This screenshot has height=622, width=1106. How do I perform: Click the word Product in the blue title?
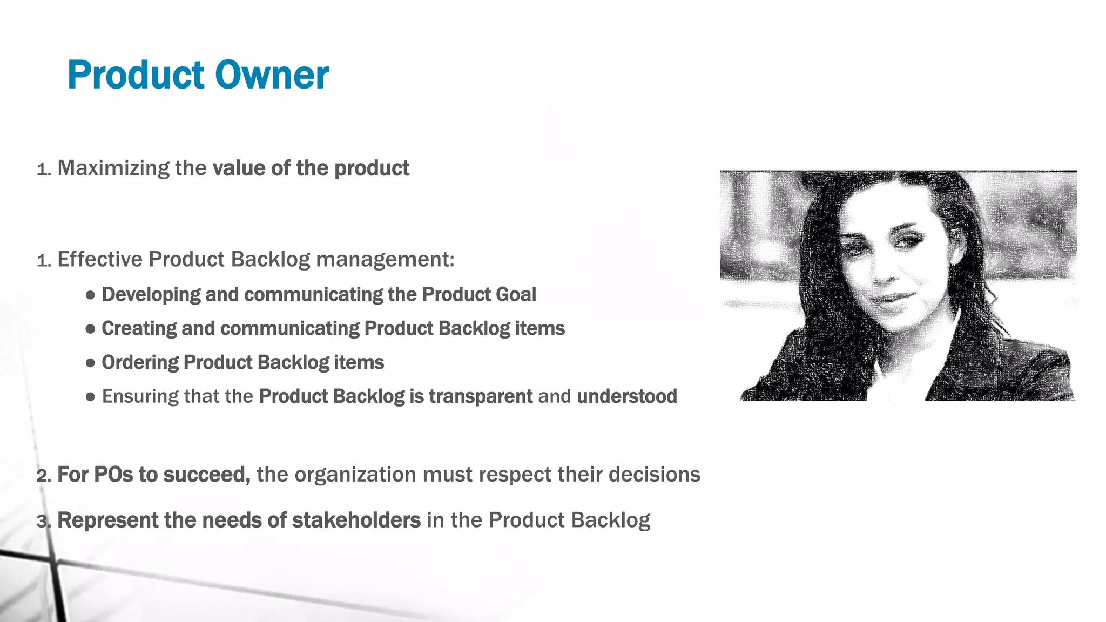click(x=136, y=75)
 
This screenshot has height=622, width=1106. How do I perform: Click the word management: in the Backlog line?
click(x=385, y=259)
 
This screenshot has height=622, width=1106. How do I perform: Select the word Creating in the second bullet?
click(x=139, y=328)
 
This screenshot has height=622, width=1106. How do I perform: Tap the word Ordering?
click(x=140, y=362)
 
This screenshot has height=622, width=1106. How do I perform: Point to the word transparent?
click(x=481, y=396)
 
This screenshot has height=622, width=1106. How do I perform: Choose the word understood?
click(x=627, y=396)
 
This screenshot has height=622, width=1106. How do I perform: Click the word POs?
click(x=113, y=475)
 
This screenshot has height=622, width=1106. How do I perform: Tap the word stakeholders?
click(x=356, y=520)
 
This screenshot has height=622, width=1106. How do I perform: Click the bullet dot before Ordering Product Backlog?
click(x=91, y=363)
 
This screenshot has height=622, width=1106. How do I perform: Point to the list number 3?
click(x=42, y=522)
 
